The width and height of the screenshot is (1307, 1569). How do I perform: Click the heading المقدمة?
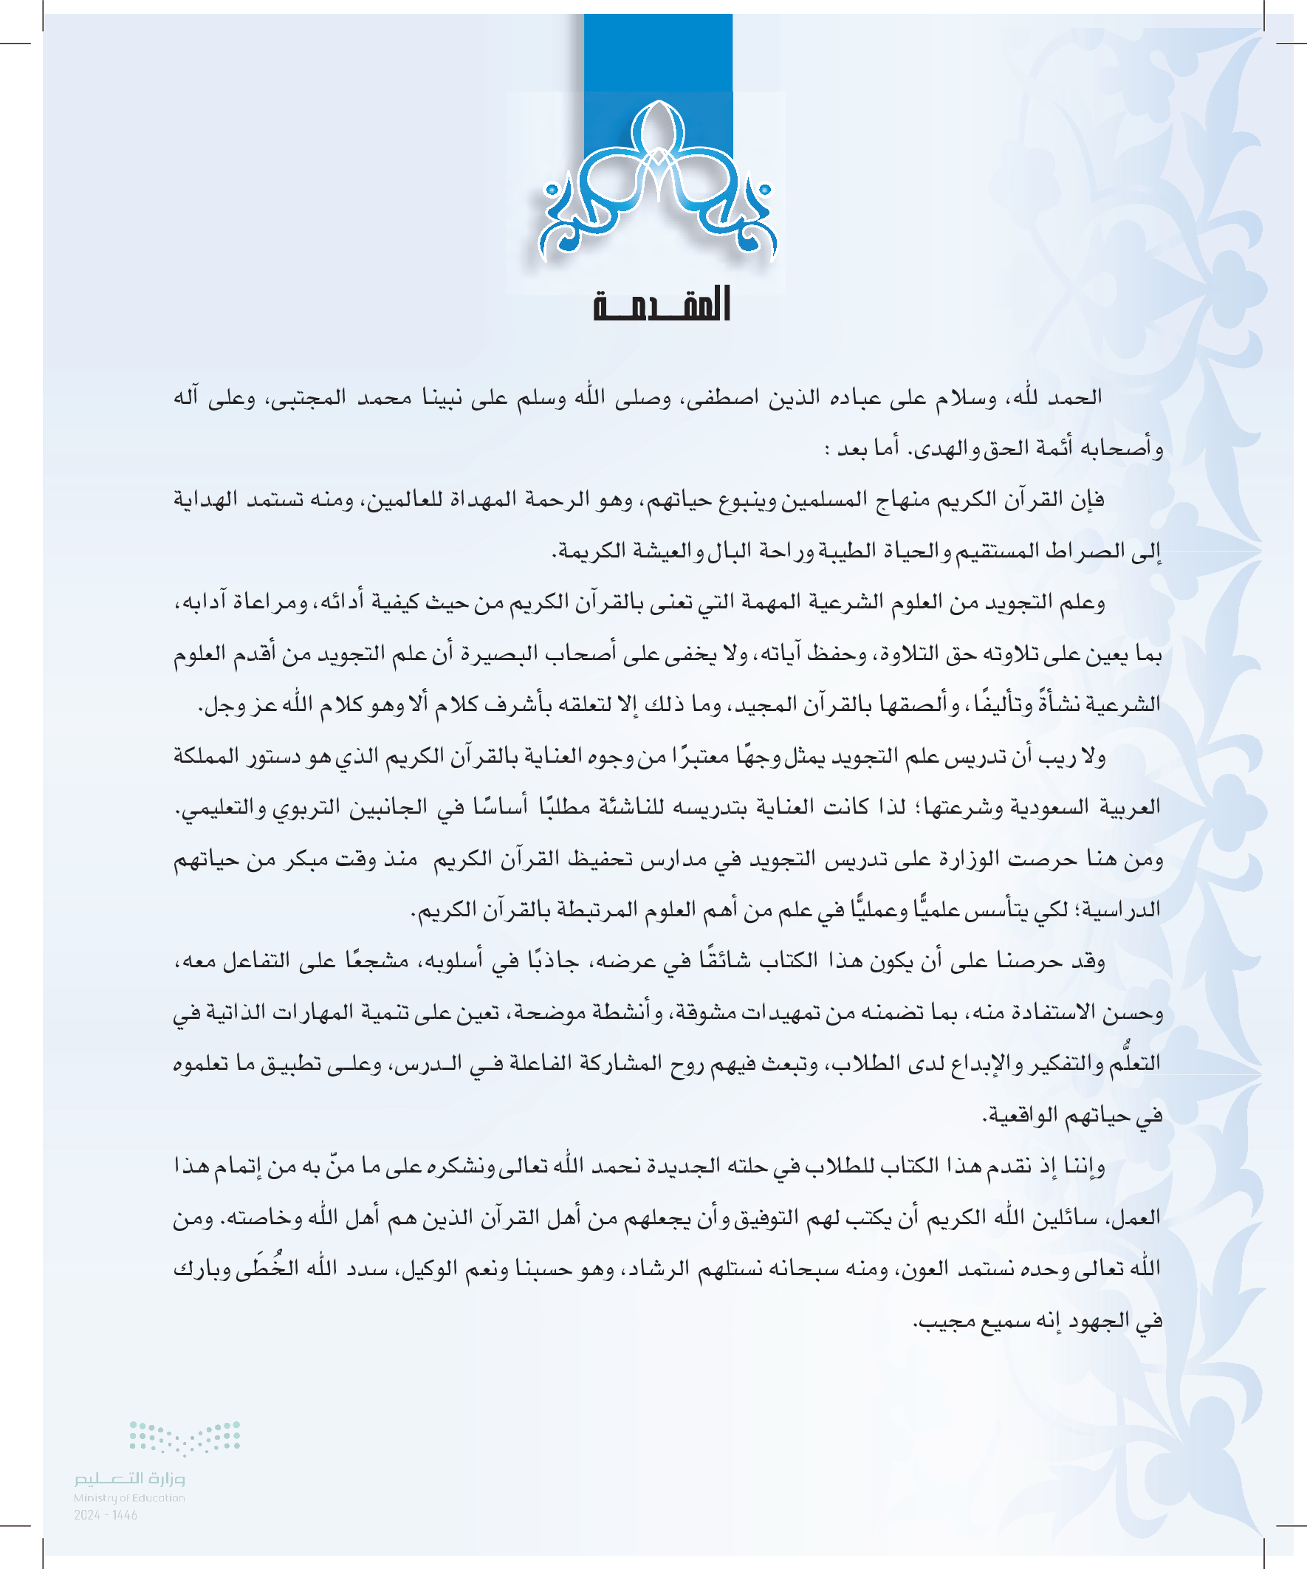point(662,305)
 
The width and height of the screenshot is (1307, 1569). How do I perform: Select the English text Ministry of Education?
point(129,1498)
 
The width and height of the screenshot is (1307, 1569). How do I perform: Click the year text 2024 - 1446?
point(106,1515)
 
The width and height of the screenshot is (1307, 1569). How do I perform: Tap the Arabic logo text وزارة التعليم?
point(129,1479)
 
